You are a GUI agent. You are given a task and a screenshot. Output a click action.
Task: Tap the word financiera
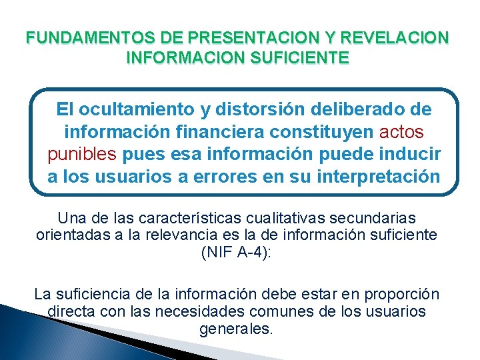[x=215, y=131]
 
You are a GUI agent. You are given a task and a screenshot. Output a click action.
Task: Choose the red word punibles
[x=83, y=155]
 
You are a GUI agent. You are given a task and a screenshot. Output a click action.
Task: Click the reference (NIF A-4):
[x=237, y=252]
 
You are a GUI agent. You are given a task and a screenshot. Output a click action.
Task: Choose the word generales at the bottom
[x=237, y=329]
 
